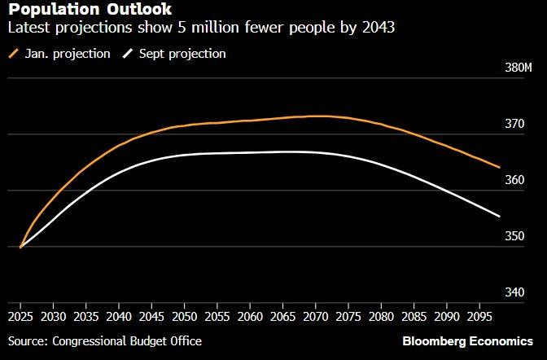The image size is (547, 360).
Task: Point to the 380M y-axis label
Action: click(518, 68)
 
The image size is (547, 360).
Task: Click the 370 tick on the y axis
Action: click(515, 125)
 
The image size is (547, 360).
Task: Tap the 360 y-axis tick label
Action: click(515, 181)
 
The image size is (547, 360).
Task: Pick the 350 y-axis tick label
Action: click(515, 237)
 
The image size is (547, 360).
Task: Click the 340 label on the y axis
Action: click(515, 292)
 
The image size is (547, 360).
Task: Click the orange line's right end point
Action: click(499, 167)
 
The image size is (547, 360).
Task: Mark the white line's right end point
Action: click(499, 216)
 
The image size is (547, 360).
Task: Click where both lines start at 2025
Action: click(20, 246)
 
